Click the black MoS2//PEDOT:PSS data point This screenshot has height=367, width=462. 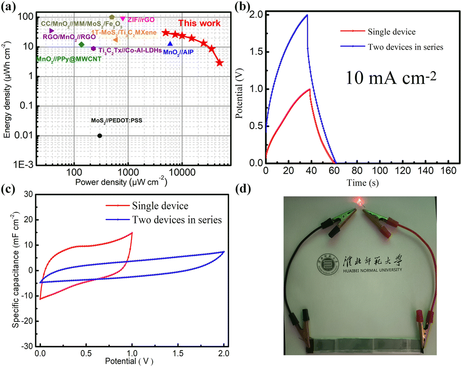click(99, 136)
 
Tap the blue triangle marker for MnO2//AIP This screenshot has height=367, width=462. click(170, 44)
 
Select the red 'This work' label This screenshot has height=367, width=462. click(198, 23)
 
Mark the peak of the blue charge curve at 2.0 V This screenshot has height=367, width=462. click(307, 15)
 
